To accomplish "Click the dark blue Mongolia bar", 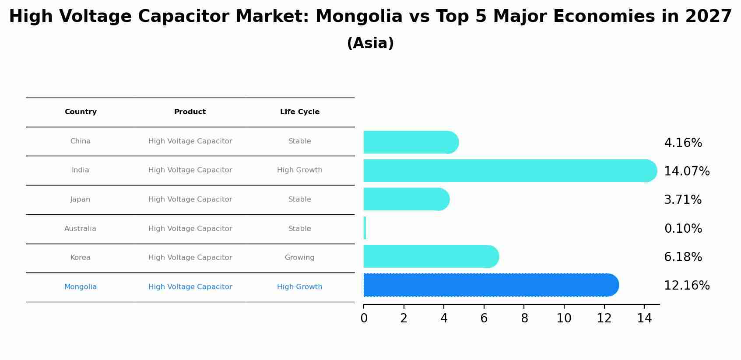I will click(490, 285).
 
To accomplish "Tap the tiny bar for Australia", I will click(365, 228).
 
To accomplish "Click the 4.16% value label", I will click(683, 143).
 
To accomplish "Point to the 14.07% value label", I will click(686, 171).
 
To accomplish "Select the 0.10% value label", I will click(683, 229).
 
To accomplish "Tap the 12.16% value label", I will click(686, 286).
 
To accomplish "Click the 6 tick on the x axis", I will click(484, 318).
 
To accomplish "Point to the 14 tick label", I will click(644, 318).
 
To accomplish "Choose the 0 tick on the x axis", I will click(364, 318).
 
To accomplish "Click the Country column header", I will click(81, 112).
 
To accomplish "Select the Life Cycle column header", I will click(299, 112).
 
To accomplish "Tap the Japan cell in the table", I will click(80, 199).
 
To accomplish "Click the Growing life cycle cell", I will click(299, 258).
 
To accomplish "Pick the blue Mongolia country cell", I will click(80, 287).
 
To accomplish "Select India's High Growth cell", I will click(299, 170).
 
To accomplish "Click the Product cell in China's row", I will click(190, 141).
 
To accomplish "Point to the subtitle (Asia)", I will click(370, 43).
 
